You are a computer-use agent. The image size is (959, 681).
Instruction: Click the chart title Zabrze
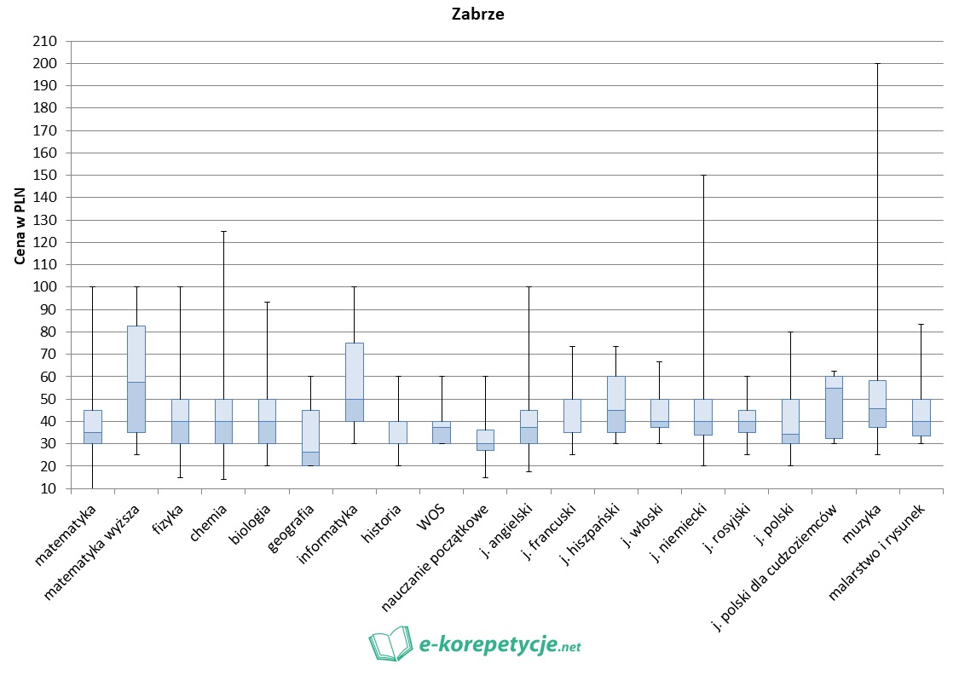(x=478, y=14)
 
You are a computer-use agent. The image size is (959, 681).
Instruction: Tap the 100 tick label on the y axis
(x=44, y=287)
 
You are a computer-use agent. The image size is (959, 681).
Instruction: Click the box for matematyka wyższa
(x=136, y=379)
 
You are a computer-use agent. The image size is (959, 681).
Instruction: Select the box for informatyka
(x=354, y=382)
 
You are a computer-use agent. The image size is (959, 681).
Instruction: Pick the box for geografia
(x=310, y=438)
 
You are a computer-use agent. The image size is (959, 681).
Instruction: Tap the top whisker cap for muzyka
(x=876, y=64)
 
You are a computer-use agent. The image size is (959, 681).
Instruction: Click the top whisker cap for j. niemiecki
(x=702, y=176)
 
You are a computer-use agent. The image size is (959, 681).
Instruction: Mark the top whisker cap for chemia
(x=223, y=231)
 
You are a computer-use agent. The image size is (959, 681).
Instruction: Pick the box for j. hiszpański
(x=615, y=404)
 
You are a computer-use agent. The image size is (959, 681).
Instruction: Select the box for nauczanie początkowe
(x=484, y=440)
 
